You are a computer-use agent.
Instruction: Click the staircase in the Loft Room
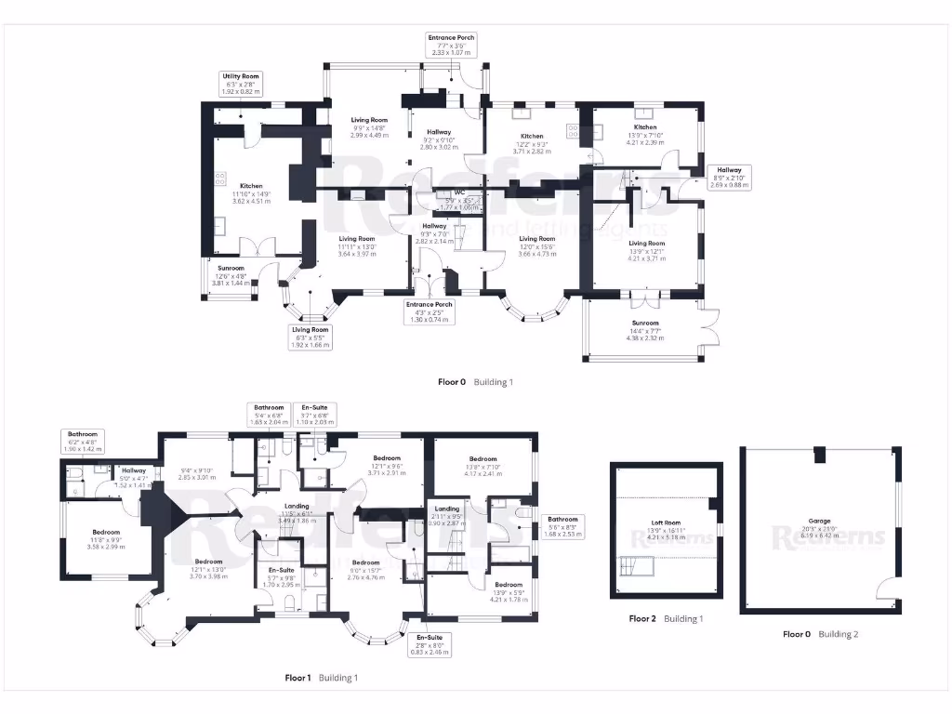(x=641, y=565)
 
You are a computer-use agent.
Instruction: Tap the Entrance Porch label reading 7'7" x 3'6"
(x=451, y=45)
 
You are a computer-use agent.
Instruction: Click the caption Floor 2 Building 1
(x=666, y=618)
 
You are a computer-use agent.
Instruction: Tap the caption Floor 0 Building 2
(x=820, y=634)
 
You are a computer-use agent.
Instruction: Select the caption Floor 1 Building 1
(x=320, y=678)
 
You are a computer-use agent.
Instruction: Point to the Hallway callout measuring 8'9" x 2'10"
(x=728, y=177)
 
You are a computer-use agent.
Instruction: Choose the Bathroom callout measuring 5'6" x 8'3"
(x=562, y=527)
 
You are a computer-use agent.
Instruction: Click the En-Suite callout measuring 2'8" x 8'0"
(x=429, y=643)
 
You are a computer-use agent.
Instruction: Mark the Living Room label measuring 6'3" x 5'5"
(x=311, y=337)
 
